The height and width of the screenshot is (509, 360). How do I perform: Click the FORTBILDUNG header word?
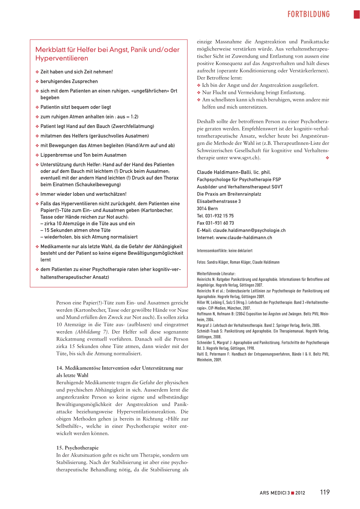pyautogui.click(x=308, y=14)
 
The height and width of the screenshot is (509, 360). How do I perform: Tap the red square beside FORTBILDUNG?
pyautogui.click(x=356, y=14)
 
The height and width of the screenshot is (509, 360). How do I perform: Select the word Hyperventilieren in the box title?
pyautogui.click(x=62, y=58)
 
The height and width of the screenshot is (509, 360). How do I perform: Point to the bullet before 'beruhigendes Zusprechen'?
pyautogui.click(x=37, y=82)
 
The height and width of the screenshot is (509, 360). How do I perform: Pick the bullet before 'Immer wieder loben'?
pyautogui.click(x=37, y=194)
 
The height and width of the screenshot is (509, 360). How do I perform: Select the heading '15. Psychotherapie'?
pyautogui.click(x=77, y=448)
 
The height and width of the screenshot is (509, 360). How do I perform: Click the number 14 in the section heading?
pyautogui.click(x=59, y=368)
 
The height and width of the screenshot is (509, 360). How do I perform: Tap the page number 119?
pyautogui.click(x=325, y=492)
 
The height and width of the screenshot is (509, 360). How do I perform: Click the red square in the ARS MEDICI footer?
pyautogui.click(x=292, y=493)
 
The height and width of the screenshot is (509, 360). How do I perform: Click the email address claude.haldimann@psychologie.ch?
pyautogui.click(x=249, y=231)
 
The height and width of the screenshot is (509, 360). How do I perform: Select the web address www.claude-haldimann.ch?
pyautogui.click(x=244, y=238)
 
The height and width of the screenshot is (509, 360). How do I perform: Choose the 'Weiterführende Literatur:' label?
pyautogui.click(x=216, y=273)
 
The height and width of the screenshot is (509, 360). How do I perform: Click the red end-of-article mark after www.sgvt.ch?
pyautogui.click(x=327, y=158)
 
